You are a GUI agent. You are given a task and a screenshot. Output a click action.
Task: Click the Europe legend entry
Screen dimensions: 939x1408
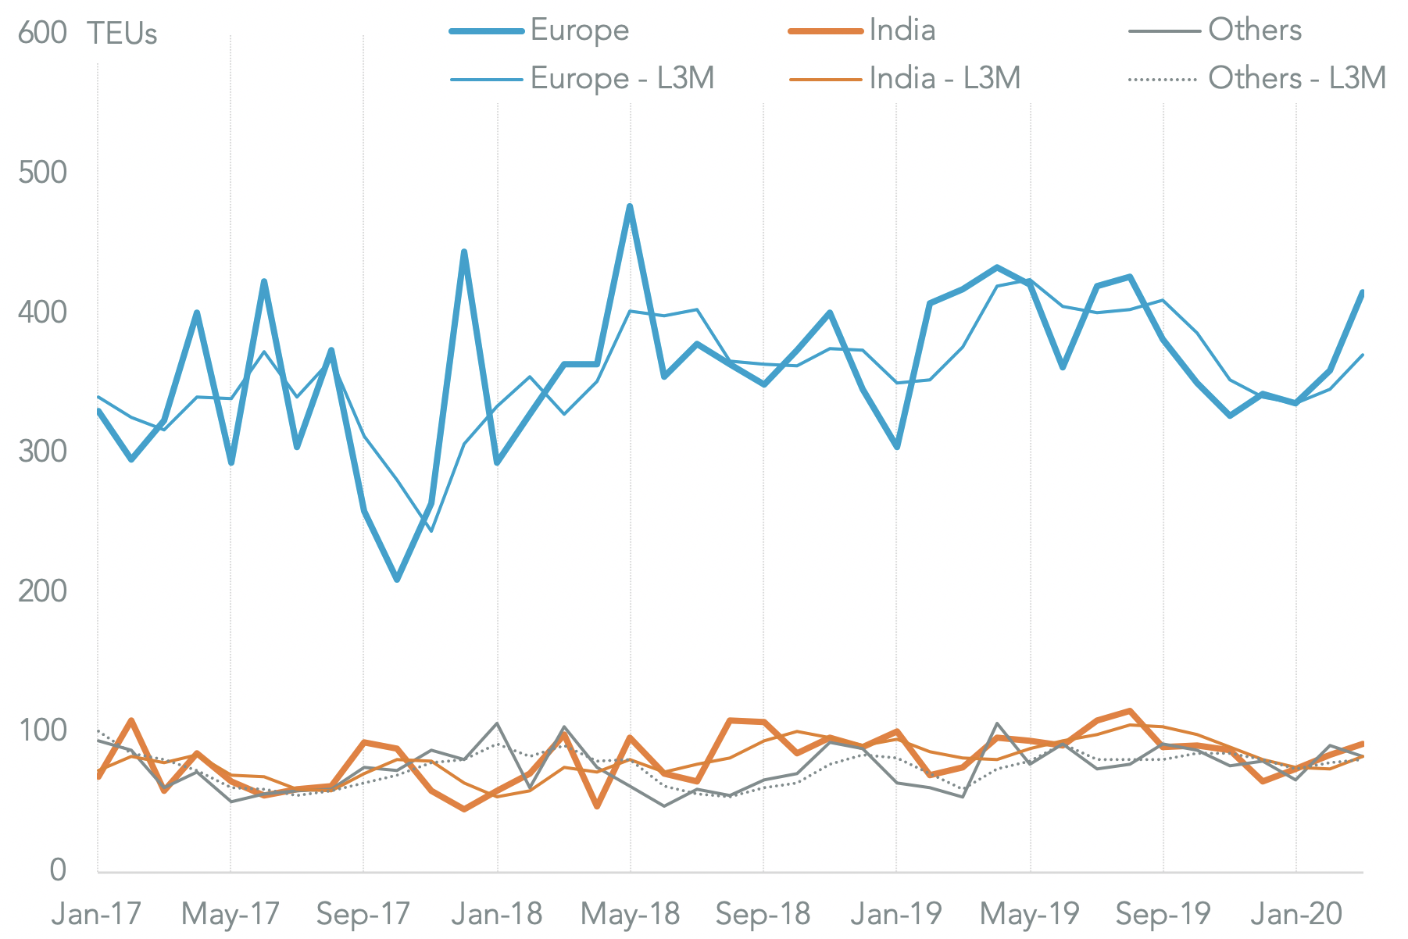click(x=579, y=30)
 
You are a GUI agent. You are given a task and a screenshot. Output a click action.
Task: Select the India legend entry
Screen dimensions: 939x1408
click(x=902, y=30)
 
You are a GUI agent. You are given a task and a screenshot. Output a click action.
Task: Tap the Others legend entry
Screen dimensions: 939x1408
click(x=1254, y=30)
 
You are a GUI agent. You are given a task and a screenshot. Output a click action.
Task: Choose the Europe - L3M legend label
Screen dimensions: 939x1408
click(x=622, y=78)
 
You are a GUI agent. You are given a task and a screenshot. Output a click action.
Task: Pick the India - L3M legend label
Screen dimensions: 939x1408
click(x=945, y=78)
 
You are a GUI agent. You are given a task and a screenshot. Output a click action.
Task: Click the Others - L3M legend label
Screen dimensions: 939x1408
click(x=1296, y=78)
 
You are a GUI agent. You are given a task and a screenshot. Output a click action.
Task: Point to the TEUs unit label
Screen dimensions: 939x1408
click(x=122, y=34)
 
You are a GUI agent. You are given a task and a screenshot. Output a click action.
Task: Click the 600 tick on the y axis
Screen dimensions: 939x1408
click(x=42, y=34)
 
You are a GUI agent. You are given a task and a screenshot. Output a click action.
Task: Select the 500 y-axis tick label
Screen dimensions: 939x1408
click(x=42, y=173)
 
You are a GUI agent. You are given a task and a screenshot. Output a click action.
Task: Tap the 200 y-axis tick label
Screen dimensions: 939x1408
click(x=42, y=591)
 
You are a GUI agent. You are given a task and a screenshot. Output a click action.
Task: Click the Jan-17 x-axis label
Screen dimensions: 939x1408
click(x=96, y=913)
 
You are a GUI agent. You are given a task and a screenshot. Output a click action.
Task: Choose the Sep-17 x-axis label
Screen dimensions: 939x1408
click(x=363, y=913)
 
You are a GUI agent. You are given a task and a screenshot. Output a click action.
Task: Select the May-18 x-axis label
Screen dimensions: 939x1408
click(x=631, y=913)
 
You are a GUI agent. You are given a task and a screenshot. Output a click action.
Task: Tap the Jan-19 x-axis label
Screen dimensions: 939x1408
click(x=896, y=913)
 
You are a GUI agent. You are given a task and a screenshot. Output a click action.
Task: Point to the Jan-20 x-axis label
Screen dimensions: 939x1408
click(x=1296, y=913)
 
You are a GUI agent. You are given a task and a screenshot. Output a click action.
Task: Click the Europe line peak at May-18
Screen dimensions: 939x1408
click(x=630, y=206)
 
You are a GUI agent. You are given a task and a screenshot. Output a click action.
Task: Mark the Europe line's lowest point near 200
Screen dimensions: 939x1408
click(x=397, y=580)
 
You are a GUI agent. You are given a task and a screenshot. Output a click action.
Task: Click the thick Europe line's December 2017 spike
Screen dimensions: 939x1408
click(x=464, y=252)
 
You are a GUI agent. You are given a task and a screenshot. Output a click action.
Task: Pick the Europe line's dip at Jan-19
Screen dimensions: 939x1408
click(x=897, y=447)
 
